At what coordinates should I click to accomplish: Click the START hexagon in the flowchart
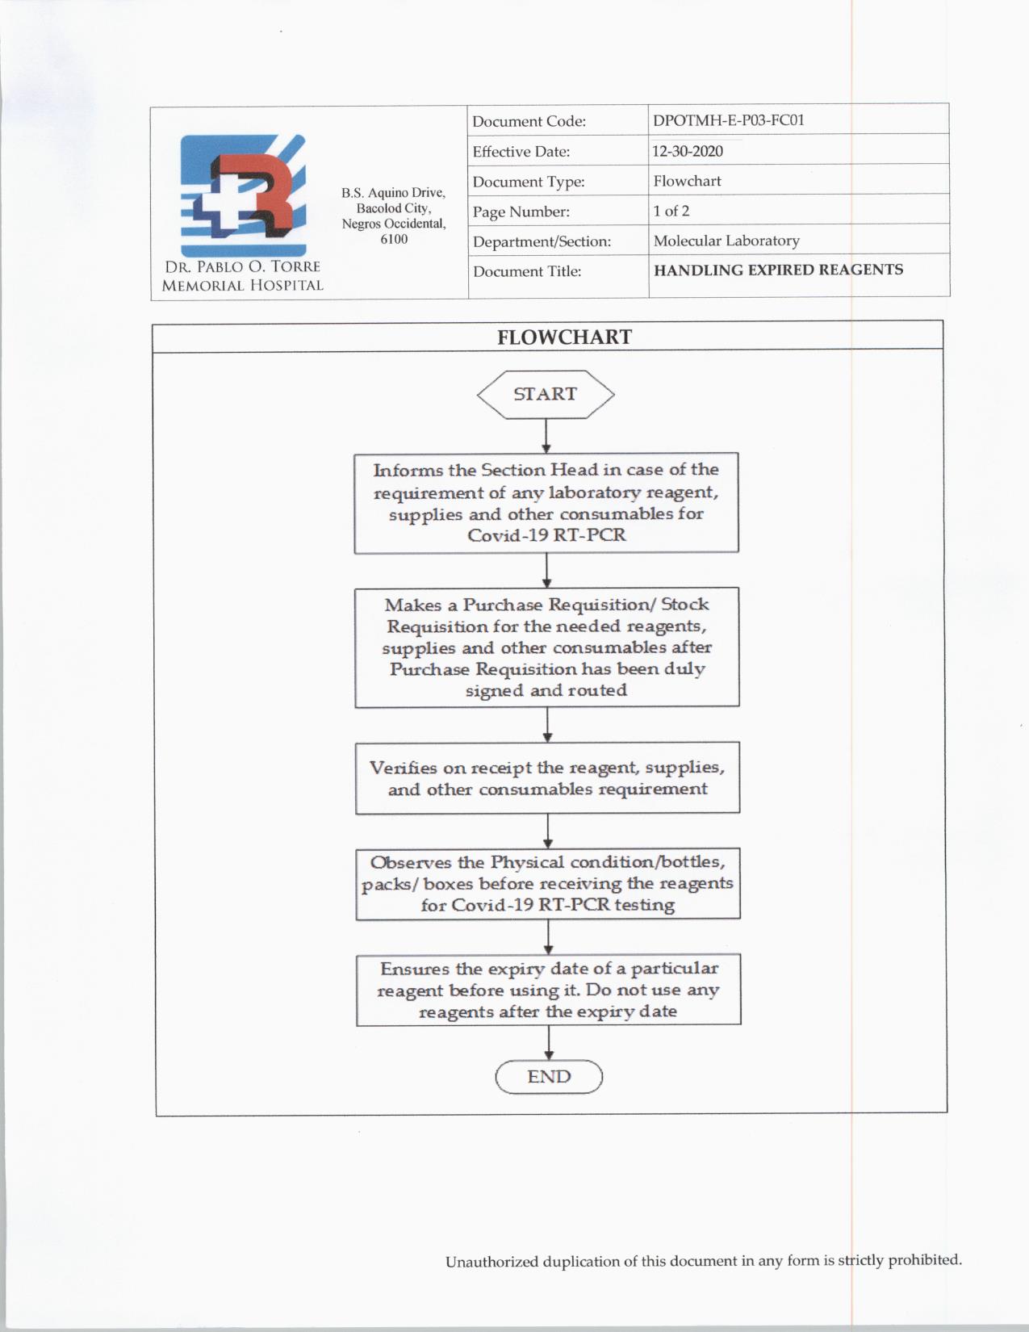(546, 394)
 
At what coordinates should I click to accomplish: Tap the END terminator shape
(549, 1077)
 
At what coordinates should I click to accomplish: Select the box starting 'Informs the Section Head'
(546, 502)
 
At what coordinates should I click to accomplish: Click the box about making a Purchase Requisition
(546, 647)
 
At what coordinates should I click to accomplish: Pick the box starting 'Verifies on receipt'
(547, 777)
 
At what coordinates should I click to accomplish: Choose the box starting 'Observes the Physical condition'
(548, 883)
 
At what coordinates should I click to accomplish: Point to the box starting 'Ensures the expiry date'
(548, 990)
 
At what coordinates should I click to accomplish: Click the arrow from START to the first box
(546, 436)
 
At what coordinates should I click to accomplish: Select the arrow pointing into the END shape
(549, 1042)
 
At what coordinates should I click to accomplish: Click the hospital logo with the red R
(243, 195)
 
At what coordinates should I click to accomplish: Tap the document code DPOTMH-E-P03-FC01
(728, 120)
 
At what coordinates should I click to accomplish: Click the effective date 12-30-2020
(688, 151)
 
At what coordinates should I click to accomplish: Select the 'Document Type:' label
(529, 182)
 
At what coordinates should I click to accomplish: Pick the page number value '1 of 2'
(671, 211)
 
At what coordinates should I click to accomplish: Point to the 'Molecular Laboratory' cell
(726, 241)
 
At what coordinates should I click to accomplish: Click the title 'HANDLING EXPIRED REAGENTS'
(778, 270)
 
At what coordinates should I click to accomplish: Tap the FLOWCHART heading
(564, 337)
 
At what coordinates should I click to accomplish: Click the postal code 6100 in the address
(394, 239)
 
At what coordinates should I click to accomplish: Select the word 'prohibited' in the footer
(924, 1259)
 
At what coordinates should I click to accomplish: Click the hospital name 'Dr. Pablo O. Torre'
(242, 266)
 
